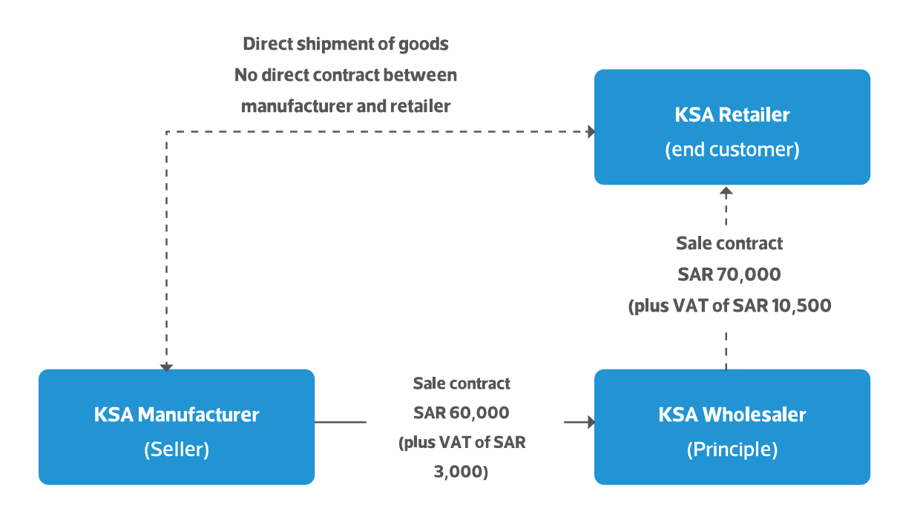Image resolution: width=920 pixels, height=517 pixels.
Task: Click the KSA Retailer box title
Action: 732,115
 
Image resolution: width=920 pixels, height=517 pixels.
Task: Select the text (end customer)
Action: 732,149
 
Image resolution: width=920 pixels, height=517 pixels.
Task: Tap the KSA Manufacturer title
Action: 177,414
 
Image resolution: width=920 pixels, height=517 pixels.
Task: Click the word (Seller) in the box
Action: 177,450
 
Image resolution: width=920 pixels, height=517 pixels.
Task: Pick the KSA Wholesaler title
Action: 732,414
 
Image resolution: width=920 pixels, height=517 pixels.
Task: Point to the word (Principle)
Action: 732,450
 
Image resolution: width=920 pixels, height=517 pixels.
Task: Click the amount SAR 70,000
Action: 729,274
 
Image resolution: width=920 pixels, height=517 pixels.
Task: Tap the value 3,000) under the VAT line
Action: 461,471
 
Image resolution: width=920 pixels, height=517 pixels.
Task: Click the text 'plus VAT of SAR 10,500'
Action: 729,306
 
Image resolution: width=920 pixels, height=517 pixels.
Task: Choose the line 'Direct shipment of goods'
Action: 346,44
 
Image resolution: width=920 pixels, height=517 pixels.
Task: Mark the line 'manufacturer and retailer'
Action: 346,106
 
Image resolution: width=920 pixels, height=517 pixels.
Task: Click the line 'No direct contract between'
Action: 346,75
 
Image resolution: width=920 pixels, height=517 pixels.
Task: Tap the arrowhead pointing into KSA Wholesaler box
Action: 591,423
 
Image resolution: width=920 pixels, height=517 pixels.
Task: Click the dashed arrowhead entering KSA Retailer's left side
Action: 591,132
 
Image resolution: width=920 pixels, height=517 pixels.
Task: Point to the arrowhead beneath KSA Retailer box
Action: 726,191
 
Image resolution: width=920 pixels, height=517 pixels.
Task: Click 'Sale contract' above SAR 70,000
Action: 729,243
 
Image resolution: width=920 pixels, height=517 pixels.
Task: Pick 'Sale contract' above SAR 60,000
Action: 461,383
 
